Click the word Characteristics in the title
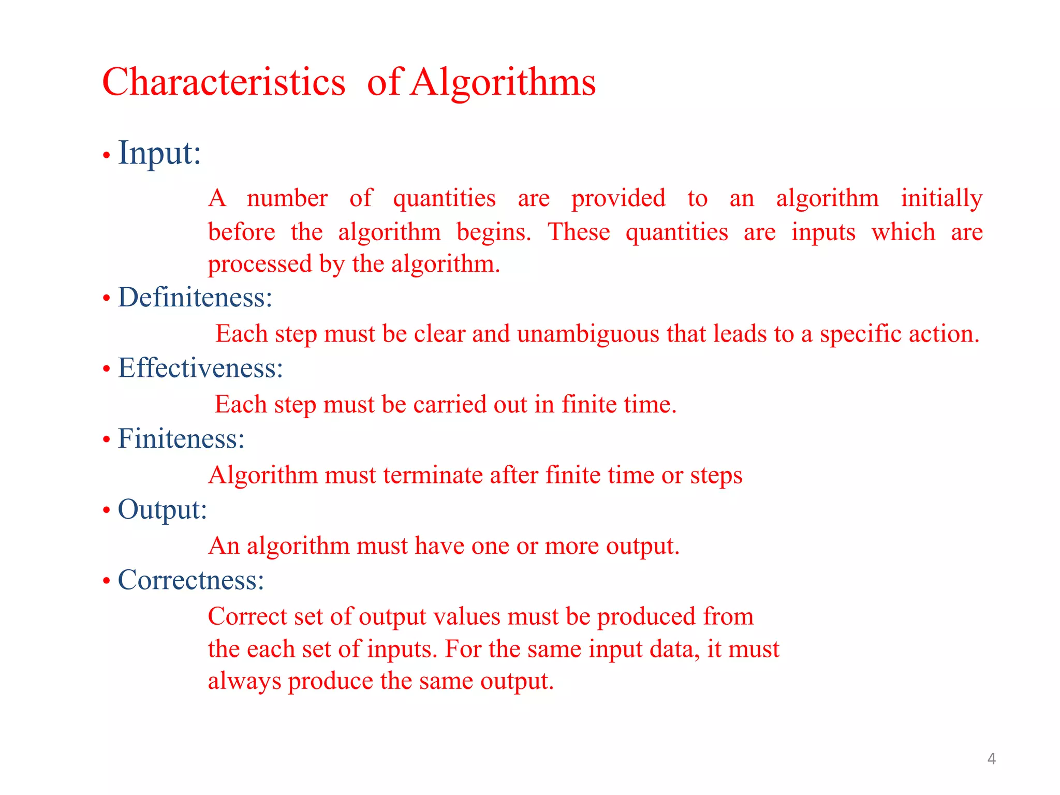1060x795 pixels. coord(224,82)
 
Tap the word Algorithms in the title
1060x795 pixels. coord(503,82)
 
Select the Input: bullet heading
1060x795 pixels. coord(159,153)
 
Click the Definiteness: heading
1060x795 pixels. coord(195,298)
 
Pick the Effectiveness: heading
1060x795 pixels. coord(200,368)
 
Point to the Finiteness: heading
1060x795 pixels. coord(181,438)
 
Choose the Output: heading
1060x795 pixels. coord(163,509)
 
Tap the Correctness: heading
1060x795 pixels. coord(191,580)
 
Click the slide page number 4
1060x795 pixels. coord(991,759)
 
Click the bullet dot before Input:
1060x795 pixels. coord(107,155)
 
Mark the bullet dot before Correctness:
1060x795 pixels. coord(107,581)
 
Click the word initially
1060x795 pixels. coord(941,198)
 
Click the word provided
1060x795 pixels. coord(618,198)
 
